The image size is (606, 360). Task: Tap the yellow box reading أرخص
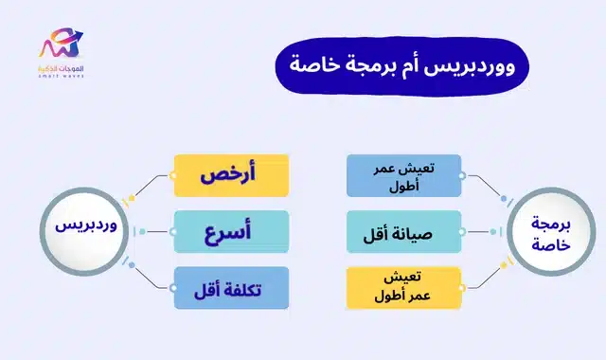(x=231, y=176)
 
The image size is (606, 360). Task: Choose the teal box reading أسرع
(x=231, y=230)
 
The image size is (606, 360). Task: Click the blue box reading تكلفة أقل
(x=231, y=286)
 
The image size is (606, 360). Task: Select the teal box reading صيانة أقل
(x=403, y=230)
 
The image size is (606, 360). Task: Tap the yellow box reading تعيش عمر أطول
(x=403, y=287)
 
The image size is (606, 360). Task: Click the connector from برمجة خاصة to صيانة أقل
(x=483, y=230)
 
